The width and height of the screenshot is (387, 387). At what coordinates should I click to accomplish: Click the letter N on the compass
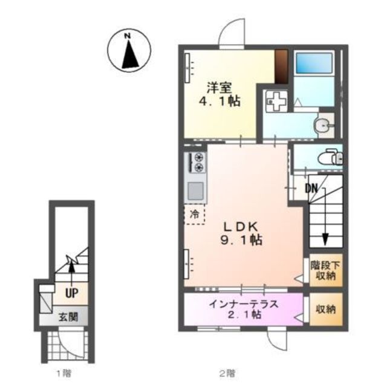(x=128, y=36)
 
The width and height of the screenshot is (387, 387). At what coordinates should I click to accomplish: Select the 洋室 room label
(x=220, y=88)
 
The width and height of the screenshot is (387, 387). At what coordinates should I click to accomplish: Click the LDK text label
(x=241, y=226)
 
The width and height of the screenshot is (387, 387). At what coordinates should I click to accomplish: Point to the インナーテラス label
(x=244, y=304)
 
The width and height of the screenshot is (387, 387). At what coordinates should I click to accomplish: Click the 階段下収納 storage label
(x=325, y=270)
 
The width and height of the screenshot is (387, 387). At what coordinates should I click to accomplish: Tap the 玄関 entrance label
(x=68, y=317)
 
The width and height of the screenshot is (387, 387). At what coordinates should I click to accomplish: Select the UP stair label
(x=72, y=293)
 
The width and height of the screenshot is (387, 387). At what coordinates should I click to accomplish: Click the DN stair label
(x=311, y=189)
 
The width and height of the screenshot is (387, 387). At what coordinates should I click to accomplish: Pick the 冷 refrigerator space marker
(x=195, y=214)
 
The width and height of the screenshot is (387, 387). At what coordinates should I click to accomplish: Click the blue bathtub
(x=314, y=63)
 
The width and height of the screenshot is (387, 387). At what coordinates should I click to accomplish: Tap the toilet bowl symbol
(x=328, y=158)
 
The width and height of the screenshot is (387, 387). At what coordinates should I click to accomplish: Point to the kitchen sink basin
(x=196, y=191)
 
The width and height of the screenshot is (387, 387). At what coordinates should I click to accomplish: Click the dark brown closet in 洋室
(x=281, y=67)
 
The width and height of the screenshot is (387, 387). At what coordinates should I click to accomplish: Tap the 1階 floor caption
(x=64, y=373)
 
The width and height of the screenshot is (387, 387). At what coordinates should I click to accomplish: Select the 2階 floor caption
(x=226, y=373)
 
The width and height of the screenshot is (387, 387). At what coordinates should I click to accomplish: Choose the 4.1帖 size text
(x=220, y=101)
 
